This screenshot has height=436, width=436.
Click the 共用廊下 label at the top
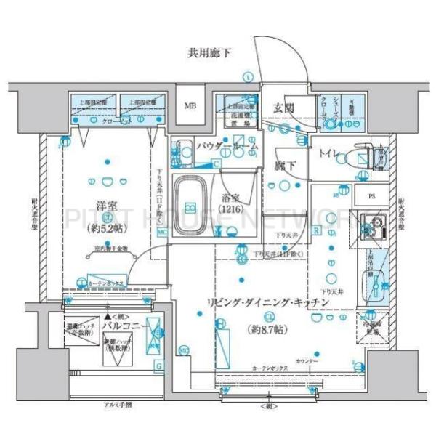[x=211, y=52]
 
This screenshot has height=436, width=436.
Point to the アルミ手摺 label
[x=117, y=404]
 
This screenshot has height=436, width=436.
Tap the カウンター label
[x=306, y=360]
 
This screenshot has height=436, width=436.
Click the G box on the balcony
[x=158, y=367]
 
